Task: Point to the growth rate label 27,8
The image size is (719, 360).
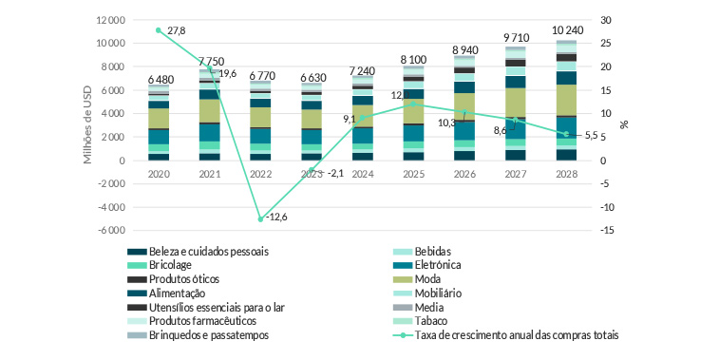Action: click(176, 31)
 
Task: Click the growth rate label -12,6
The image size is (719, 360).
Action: click(275, 218)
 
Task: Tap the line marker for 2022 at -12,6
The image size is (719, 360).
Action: click(260, 219)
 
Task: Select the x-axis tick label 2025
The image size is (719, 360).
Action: click(413, 175)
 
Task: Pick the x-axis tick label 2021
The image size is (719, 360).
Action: click(209, 175)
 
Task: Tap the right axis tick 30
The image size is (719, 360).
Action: click(606, 20)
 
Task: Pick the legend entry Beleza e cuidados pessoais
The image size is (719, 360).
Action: click(208, 252)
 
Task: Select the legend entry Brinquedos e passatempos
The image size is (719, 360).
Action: click(209, 335)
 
